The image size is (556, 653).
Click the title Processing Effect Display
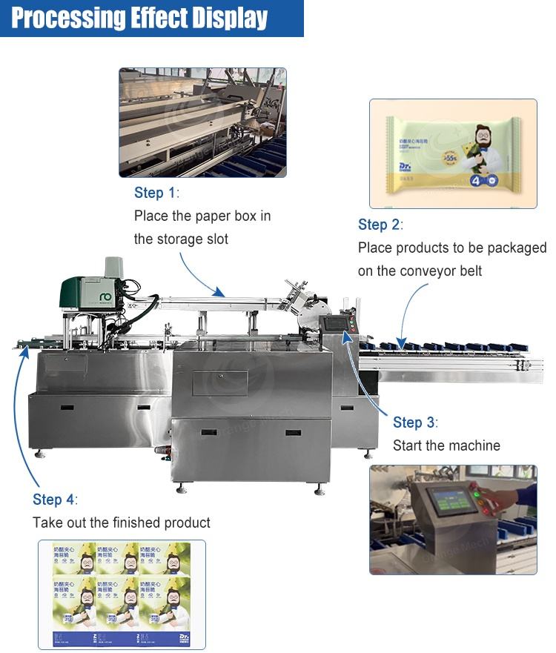pyautogui.click(x=139, y=18)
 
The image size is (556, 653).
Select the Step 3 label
pyautogui.click(x=414, y=422)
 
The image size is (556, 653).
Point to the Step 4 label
pyautogui.click(x=53, y=500)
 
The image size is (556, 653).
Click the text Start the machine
pyautogui.click(x=446, y=445)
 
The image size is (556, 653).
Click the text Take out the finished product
pyautogui.click(x=122, y=523)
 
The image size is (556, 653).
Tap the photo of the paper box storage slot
pyautogui.click(x=202, y=122)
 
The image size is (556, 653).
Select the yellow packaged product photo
pyautogui.click(x=453, y=153)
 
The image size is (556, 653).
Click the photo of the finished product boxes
pyautogui.click(x=122, y=594)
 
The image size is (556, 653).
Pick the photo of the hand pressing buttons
pyautogui.click(x=453, y=519)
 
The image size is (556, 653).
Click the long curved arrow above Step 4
pyautogui.click(x=18, y=415)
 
